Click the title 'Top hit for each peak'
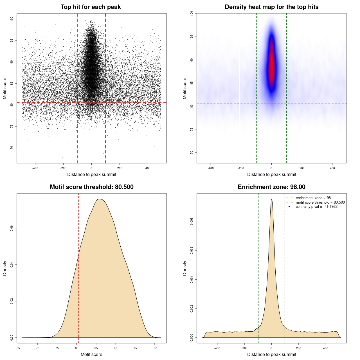(x=91, y=7)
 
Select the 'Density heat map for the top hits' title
(x=271, y=7)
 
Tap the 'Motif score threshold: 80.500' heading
(x=91, y=187)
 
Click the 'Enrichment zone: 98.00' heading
(x=271, y=187)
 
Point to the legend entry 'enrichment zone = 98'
(x=313, y=198)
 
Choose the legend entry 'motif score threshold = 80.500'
(x=320, y=202)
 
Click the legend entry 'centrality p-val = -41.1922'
(x=316, y=207)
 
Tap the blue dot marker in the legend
(x=289, y=207)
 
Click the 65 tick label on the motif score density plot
(x=18, y=348)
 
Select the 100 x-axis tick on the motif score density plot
(x=154, y=348)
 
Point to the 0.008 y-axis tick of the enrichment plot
(x=192, y=221)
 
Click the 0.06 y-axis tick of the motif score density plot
(x=12, y=228)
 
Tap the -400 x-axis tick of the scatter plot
(x=35, y=168)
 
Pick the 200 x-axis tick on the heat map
(x=302, y=168)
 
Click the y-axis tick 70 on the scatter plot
(x=12, y=148)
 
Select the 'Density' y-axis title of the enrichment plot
(x=185, y=268)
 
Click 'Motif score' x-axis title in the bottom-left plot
(x=91, y=354)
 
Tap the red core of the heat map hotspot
(x=271, y=65)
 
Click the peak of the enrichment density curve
(x=271, y=199)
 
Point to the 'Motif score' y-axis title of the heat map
(x=185, y=88)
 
